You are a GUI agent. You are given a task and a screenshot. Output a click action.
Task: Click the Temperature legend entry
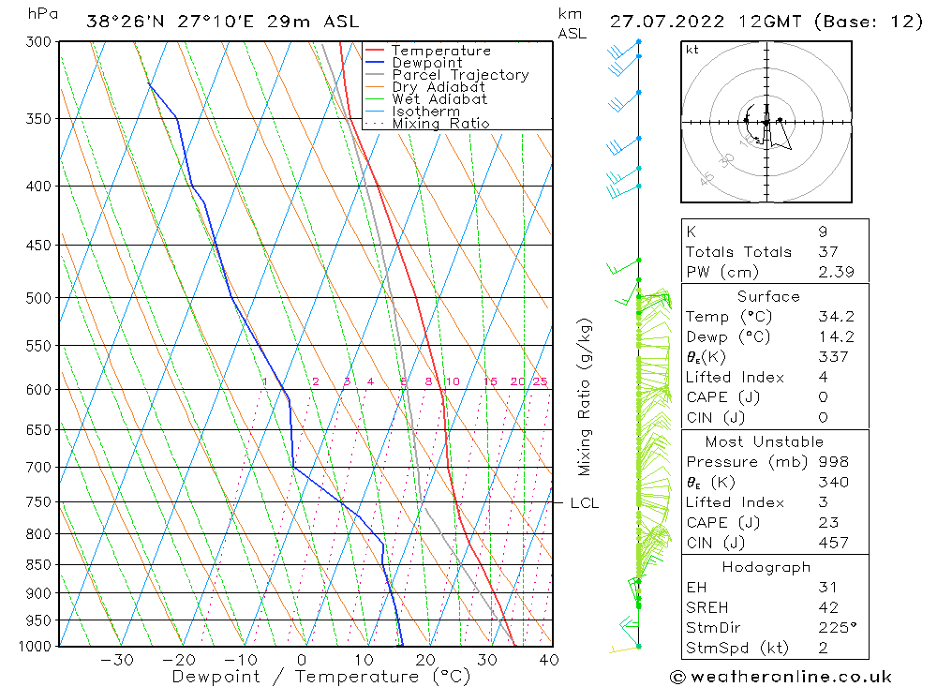coord(440,51)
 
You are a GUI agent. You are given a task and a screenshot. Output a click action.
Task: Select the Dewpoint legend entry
coord(427,63)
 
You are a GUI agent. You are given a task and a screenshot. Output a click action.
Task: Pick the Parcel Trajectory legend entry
coord(460,75)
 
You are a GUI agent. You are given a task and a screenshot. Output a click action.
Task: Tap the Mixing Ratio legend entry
coord(440,123)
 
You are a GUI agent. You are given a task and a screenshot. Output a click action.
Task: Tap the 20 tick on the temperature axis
coord(425,660)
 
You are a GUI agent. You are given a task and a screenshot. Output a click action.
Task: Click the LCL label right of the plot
coord(584,503)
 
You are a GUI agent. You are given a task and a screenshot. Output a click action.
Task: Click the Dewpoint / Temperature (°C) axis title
coord(320,676)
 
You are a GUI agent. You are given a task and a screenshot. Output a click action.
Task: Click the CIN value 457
coord(833,543)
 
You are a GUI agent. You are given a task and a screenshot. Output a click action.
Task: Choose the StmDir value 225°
coord(834,628)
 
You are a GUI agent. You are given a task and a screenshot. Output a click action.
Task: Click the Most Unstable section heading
coord(765,441)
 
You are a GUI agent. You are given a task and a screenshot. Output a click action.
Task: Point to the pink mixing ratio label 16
coord(490,381)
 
